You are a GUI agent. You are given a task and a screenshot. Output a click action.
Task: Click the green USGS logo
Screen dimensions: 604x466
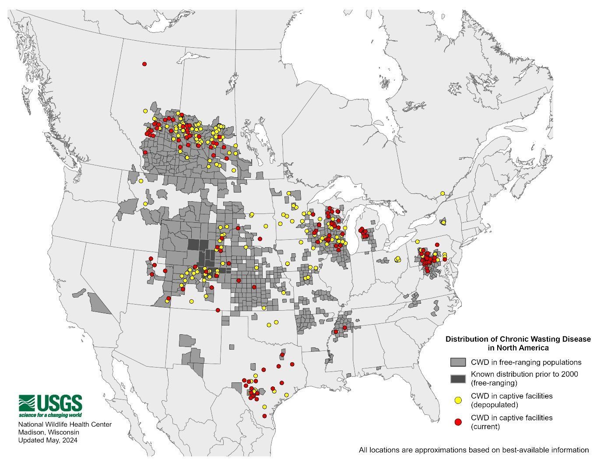(50, 403)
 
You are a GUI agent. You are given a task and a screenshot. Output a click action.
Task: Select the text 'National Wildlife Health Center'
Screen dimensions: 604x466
(65, 424)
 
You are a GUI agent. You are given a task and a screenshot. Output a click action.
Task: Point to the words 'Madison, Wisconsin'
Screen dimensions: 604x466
(48, 432)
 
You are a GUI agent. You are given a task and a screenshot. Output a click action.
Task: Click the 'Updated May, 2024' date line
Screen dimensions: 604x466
(47, 440)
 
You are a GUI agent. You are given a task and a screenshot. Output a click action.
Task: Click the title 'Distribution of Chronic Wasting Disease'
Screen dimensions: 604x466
(518, 339)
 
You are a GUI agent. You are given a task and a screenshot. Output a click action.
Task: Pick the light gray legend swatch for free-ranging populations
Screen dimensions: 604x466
(458, 362)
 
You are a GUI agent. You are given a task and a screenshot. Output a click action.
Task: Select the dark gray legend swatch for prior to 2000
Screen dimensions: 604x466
(458, 378)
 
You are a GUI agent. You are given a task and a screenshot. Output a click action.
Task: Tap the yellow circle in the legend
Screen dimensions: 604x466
(458, 400)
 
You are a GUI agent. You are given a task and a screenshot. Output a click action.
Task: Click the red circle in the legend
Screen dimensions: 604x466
(458, 422)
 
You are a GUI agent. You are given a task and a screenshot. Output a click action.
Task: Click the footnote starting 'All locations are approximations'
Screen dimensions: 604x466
(474, 450)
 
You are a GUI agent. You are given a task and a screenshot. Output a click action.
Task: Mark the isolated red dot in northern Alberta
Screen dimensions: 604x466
(144, 64)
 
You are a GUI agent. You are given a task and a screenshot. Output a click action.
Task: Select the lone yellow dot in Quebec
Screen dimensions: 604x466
(442, 193)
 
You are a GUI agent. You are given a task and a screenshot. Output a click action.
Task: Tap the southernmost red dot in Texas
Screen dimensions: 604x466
(264, 416)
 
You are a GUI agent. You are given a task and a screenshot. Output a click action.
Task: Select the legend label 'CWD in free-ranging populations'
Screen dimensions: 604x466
(526, 362)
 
